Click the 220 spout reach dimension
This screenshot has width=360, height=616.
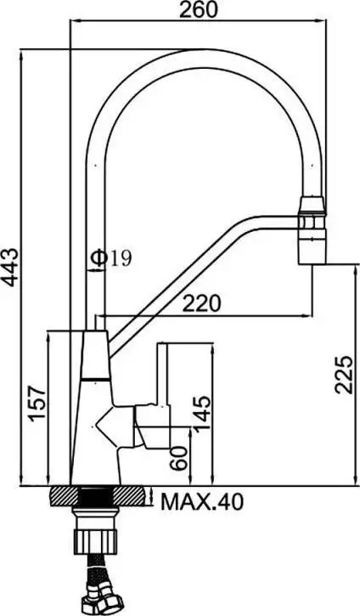click(x=203, y=302)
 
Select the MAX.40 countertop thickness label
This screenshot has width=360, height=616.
click(x=202, y=503)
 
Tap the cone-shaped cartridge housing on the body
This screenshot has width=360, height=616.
click(x=116, y=426)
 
